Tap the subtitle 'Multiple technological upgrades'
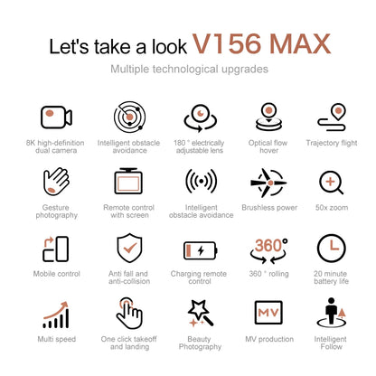[x=187, y=69]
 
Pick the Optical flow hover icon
[x=268, y=117]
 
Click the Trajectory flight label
[x=331, y=142]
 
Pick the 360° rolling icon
[x=268, y=248]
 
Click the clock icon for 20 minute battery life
[x=331, y=249]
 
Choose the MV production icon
[x=268, y=313]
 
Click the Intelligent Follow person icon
[x=331, y=312]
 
